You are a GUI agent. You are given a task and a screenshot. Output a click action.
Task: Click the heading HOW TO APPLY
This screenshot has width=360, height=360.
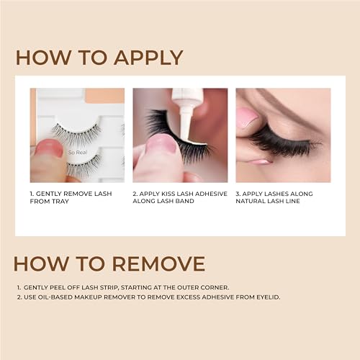(x=99, y=58)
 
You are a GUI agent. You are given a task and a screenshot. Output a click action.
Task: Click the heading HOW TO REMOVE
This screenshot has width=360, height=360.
(x=110, y=264)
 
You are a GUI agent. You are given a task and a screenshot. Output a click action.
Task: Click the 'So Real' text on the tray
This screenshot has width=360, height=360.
(x=77, y=153)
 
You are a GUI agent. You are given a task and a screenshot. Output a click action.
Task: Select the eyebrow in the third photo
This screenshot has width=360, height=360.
(x=288, y=101)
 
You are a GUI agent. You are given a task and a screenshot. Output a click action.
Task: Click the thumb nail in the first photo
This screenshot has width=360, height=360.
(x=48, y=148)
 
